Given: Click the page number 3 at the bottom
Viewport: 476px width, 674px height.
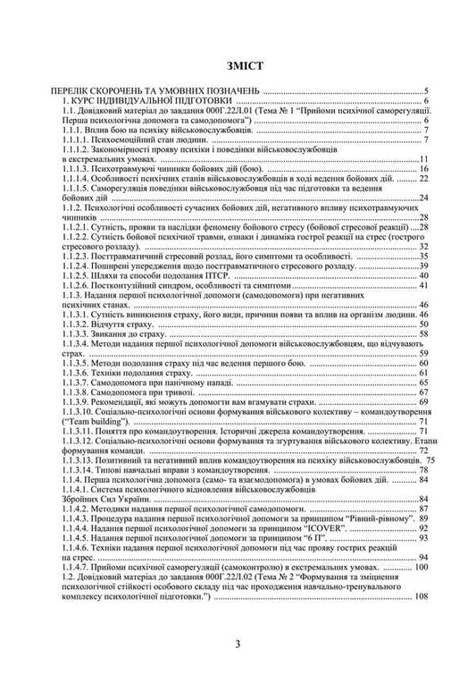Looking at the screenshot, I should click(x=238, y=645).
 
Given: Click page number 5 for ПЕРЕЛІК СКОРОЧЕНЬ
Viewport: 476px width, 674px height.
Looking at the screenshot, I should click(x=426, y=91).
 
